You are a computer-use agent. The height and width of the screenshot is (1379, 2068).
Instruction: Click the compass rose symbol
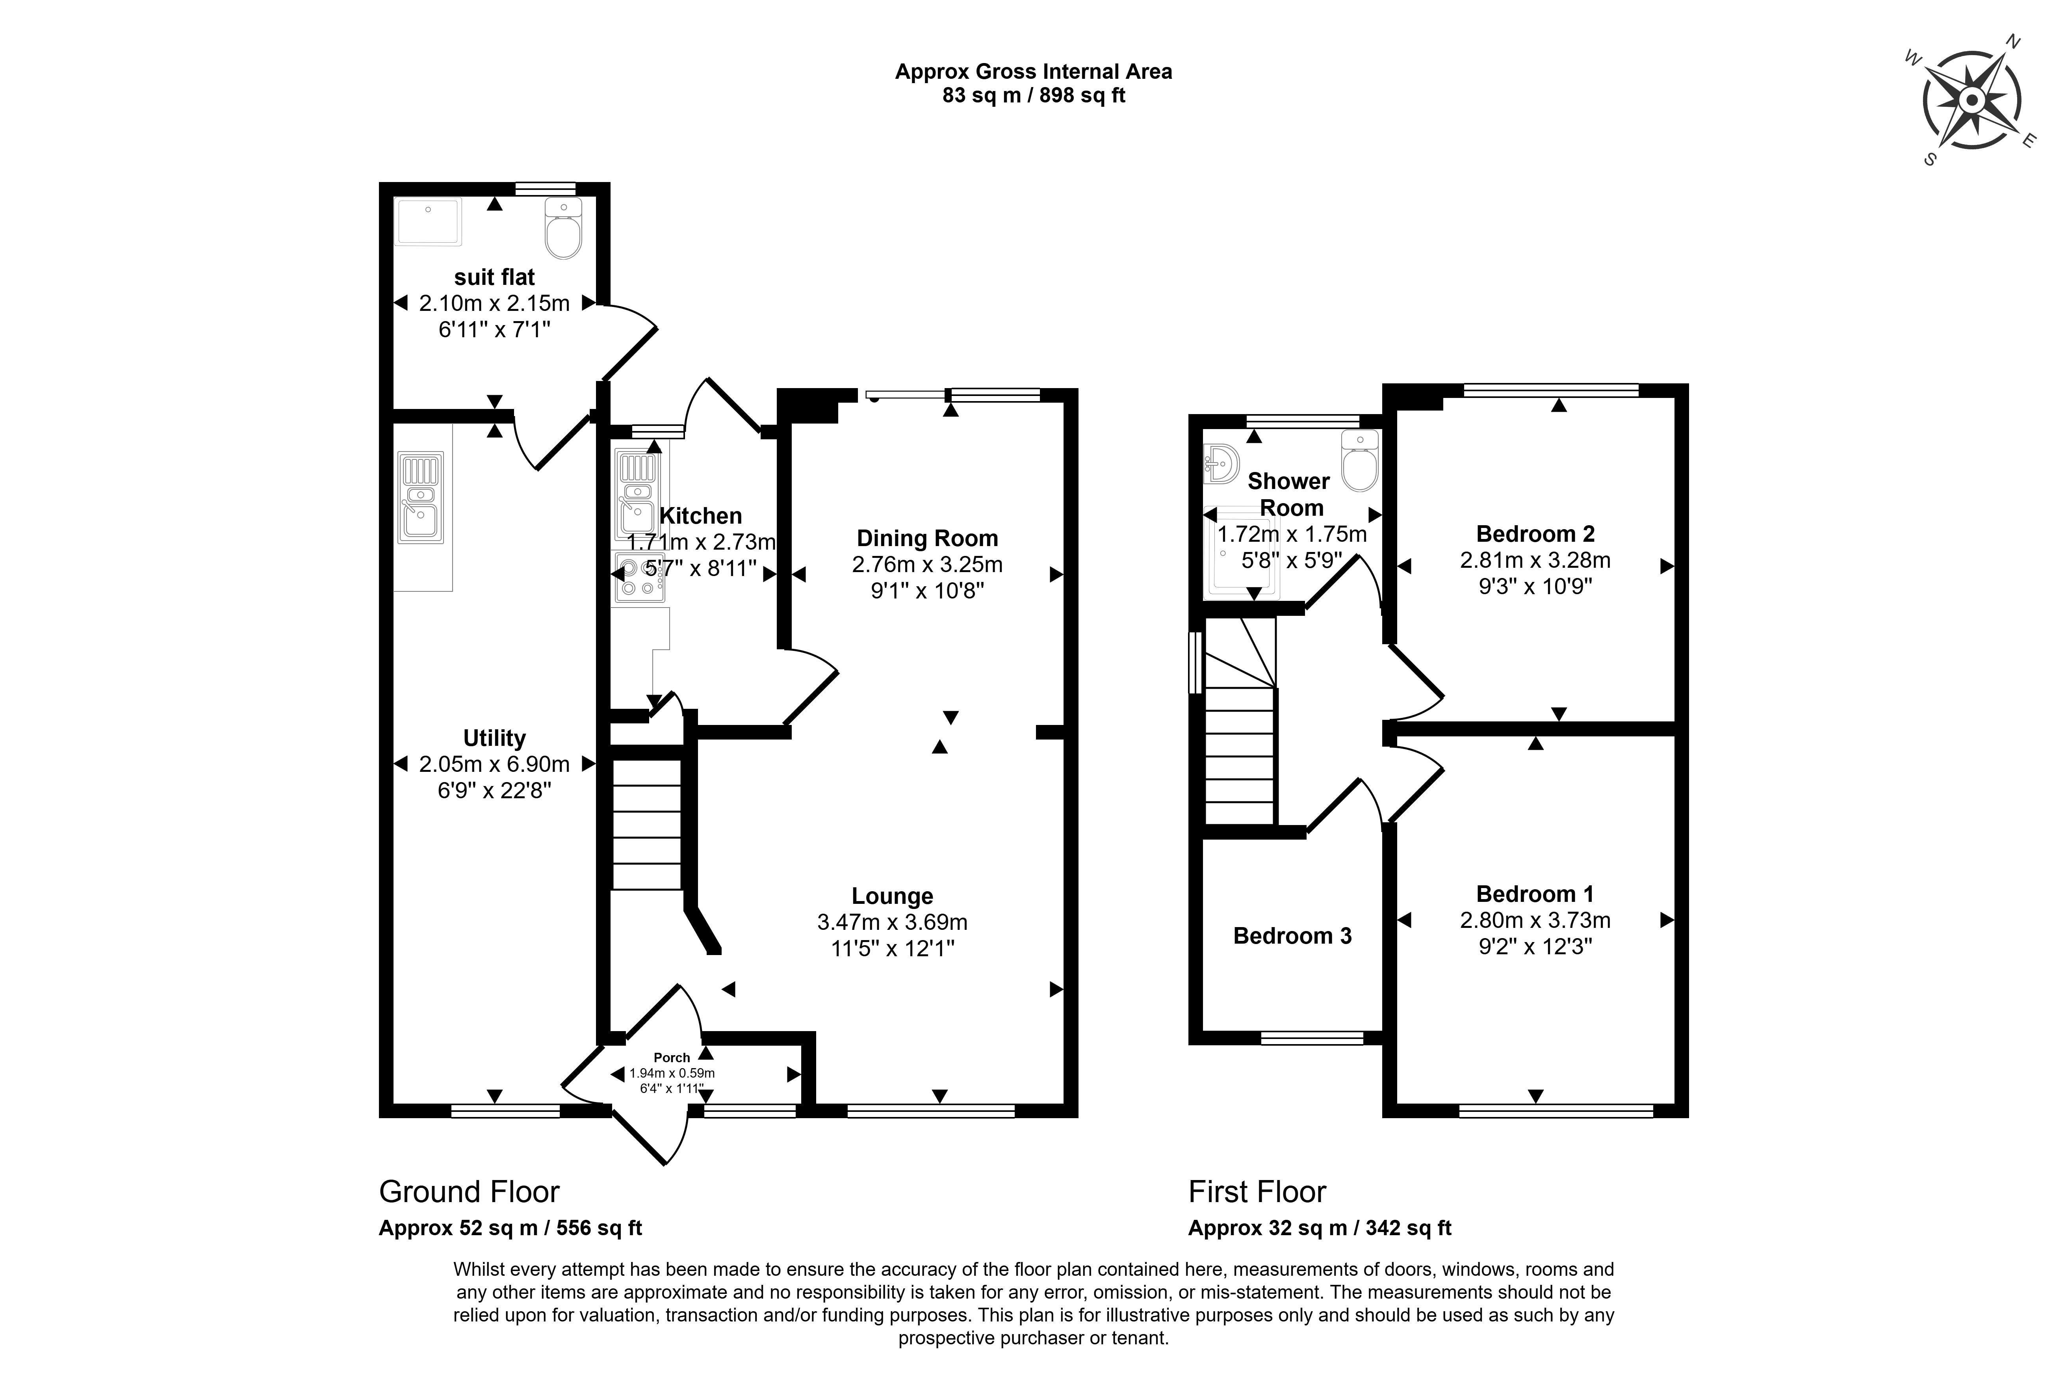click(1971, 100)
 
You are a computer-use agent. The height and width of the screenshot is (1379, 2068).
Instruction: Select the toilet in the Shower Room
click(1359, 461)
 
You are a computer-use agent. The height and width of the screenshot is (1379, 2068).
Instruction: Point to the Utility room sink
click(421, 497)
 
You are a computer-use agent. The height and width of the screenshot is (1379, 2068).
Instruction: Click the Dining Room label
click(928, 538)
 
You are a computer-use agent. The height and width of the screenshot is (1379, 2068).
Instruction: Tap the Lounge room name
click(893, 896)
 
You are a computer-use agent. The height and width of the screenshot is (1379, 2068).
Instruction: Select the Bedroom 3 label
click(1292, 936)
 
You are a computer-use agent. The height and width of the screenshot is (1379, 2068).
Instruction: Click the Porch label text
click(672, 1058)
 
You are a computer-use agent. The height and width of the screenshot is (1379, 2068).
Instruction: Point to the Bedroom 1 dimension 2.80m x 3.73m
click(1535, 920)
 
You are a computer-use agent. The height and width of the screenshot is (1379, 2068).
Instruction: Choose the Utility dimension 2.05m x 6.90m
click(494, 764)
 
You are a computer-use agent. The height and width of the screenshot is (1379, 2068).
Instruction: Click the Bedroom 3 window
click(1312, 1039)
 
